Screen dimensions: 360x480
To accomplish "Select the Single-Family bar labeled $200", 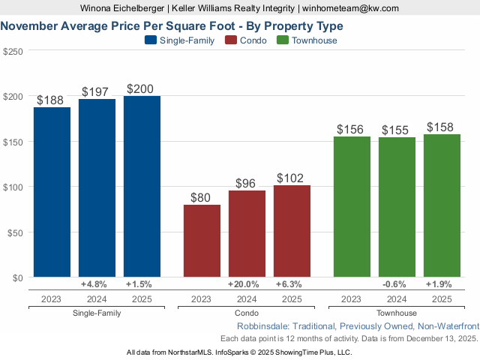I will [142, 187].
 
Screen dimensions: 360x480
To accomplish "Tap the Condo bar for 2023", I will [202, 241].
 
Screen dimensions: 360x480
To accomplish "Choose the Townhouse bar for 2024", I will [397, 207].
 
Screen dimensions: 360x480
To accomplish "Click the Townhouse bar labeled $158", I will [442, 205].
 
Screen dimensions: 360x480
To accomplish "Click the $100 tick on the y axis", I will [13, 187].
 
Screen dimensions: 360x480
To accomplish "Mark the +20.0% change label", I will [244, 284].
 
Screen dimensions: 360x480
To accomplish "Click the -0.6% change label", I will [394, 284].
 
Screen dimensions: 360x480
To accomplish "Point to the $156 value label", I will [350, 129].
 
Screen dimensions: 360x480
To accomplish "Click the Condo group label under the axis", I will [247, 313].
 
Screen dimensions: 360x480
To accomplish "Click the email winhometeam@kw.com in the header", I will [351, 8].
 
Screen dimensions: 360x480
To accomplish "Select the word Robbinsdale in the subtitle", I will [262, 326].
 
